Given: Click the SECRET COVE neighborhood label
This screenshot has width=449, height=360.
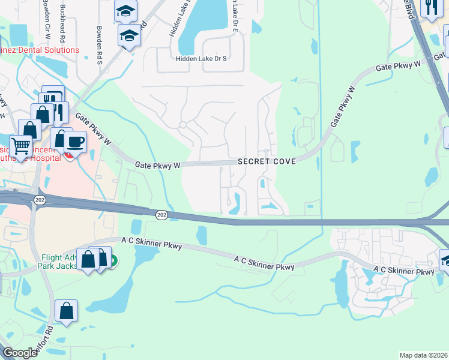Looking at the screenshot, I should pos(267,162).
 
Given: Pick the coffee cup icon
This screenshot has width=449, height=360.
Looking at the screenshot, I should pos(75,142).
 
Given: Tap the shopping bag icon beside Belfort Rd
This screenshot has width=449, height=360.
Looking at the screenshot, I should pos(66,310).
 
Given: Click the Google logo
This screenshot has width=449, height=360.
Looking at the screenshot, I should pos(20,353).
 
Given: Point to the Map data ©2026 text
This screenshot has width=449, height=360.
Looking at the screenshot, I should pos(424,355).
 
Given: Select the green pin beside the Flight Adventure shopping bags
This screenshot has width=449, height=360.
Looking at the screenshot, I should pos(112,260).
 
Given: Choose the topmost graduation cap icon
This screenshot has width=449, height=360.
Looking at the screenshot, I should pos(126,10).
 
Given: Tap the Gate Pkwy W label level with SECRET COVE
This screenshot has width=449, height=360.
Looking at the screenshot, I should pos(157,164).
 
